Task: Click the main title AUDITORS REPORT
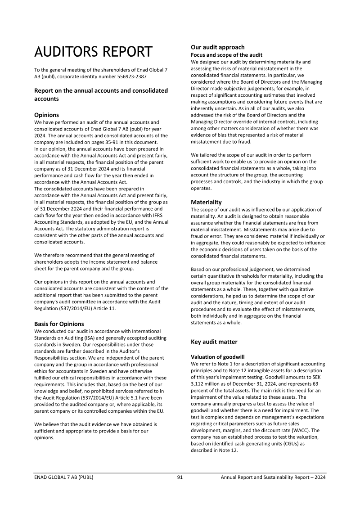coord(93,52)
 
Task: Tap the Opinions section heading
coord(46,115)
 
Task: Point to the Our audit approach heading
coord(217,47)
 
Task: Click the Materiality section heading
coord(206,202)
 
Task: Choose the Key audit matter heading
coord(214,342)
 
